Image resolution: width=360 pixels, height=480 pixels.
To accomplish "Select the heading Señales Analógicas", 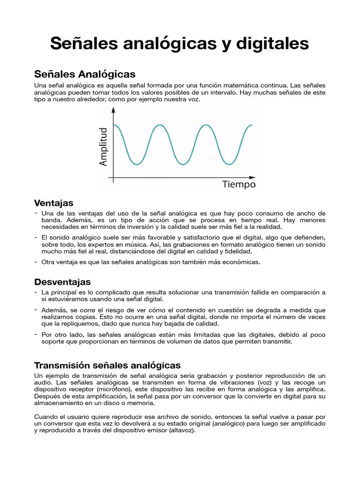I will pos(85,74).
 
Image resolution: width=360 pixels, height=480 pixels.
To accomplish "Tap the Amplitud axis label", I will pos(104,146).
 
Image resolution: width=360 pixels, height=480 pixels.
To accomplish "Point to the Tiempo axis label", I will pos(239,185).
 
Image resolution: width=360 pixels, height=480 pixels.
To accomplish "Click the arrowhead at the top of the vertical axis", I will pos(113,110).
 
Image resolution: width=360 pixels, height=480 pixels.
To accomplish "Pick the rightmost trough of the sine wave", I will pos(229,164).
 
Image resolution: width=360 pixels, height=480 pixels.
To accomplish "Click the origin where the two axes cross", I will pos(113,178).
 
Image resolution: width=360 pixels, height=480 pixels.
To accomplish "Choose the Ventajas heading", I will pos(54,203).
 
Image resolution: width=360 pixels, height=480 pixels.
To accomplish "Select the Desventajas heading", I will pos(62,282).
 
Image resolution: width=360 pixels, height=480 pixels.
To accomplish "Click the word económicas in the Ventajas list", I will pos(240,262).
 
